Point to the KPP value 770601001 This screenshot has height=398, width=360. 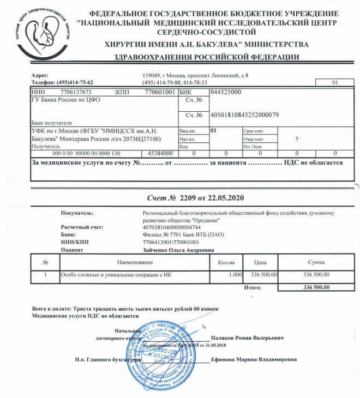160,92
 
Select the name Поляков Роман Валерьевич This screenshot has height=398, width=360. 247,338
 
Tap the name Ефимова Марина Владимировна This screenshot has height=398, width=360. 254,360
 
